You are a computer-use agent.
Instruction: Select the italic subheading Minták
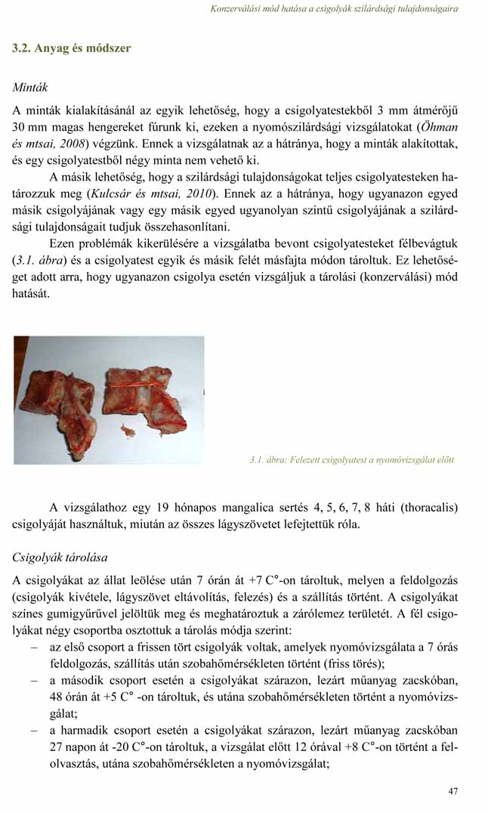pos(30,88)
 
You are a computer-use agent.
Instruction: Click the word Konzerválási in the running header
pos(236,9)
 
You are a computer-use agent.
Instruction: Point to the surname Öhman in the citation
pos(438,126)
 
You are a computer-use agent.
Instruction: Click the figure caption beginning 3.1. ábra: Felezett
pos(351,459)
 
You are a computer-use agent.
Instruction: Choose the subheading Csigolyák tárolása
pos(60,558)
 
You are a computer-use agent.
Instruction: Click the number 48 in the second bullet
pos(57,697)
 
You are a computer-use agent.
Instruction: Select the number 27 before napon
pos(57,748)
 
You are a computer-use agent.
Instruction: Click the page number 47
pos(452,791)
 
